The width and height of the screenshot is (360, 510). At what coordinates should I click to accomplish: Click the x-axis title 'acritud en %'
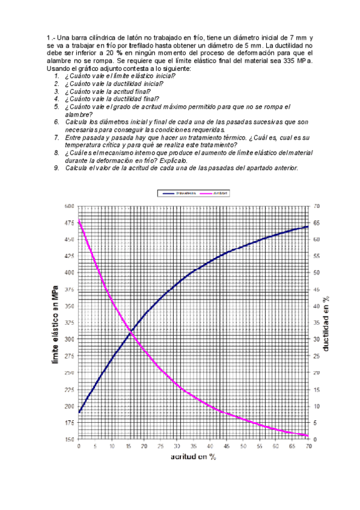click(x=192, y=457)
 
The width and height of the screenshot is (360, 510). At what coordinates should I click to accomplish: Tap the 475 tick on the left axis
click(x=69, y=223)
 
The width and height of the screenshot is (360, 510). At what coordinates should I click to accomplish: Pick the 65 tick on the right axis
click(x=317, y=223)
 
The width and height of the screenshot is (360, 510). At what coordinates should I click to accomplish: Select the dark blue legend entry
click(x=174, y=193)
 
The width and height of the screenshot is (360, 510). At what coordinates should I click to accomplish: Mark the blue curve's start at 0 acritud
click(x=79, y=413)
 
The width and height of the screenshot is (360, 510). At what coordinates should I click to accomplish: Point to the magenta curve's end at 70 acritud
click(x=308, y=435)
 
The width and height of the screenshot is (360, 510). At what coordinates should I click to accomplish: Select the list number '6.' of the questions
click(x=56, y=122)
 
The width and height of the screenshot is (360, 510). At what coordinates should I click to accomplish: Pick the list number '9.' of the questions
click(x=56, y=168)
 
